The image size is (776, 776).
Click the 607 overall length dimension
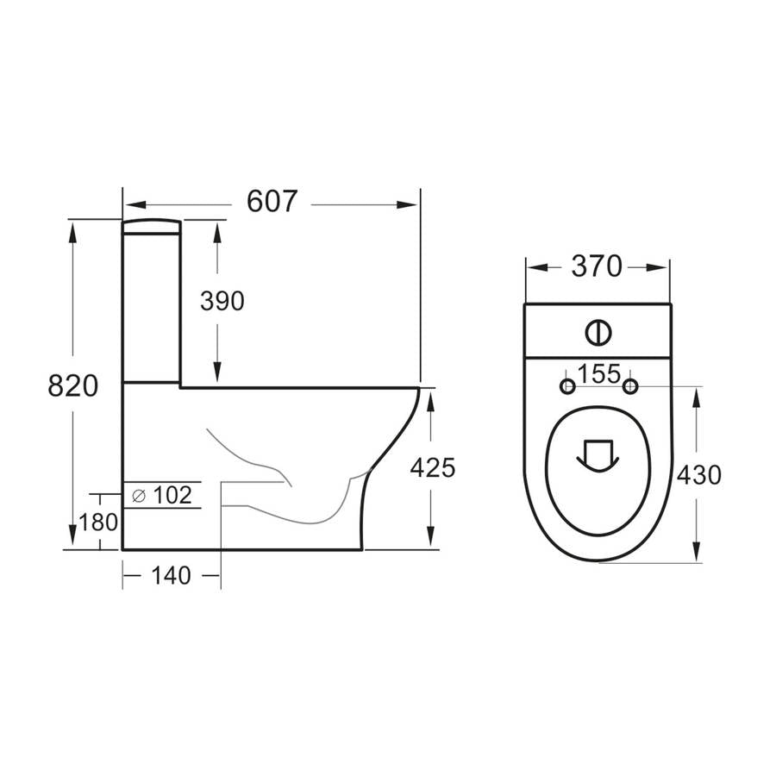tap(272, 201)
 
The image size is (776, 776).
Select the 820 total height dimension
tap(72, 385)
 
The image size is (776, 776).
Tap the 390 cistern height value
tap(222, 301)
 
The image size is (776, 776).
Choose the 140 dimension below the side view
tap(171, 576)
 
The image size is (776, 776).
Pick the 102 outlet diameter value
tap(171, 495)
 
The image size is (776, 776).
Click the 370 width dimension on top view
tap(596, 267)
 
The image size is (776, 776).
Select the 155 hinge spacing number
tap(598, 374)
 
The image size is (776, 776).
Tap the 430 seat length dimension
tap(698, 474)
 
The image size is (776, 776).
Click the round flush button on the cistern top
tap(597, 331)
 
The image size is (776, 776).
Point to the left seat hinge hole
tap(567, 385)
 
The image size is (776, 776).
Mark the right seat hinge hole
tap(630, 385)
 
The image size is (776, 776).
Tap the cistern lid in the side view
tap(152, 226)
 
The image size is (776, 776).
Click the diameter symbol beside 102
tap(138, 495)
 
